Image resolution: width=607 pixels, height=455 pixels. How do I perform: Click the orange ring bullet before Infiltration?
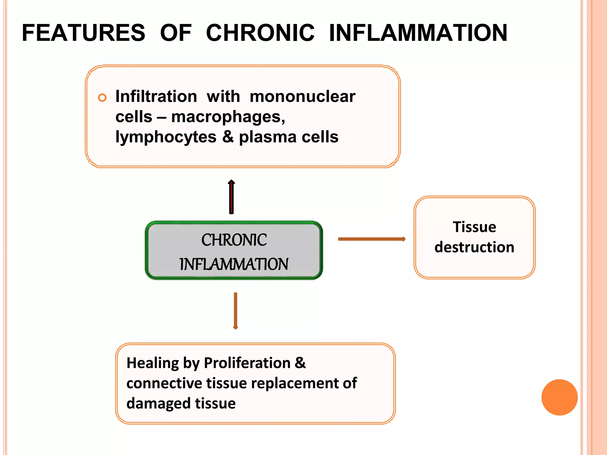(102, 97)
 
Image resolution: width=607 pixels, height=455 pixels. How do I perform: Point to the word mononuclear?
(302, 97)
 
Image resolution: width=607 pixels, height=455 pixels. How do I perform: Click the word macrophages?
(228, 117)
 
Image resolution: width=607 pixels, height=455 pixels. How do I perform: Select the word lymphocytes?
(166, 137)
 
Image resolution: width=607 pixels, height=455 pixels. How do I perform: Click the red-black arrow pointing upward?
(231, 197)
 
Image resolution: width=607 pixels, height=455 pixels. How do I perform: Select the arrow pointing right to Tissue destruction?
(372, 239)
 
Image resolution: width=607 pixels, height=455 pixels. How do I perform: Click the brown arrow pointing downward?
(235, 311)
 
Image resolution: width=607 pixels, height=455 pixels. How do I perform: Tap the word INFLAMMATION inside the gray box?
(234, 264)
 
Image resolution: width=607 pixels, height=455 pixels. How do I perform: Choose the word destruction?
(474, 247)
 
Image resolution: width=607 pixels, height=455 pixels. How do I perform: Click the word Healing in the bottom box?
(153, 363)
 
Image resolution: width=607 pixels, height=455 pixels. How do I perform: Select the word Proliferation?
(247, 363)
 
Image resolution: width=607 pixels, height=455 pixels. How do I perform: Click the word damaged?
(159, 403)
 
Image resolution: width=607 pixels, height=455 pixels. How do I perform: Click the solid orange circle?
(559, 397)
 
